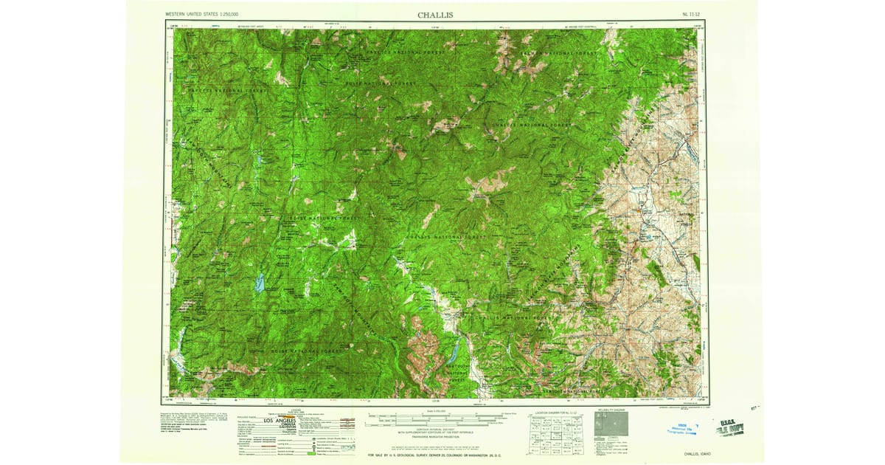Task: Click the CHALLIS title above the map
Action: tap(435, 14)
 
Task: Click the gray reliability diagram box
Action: tap(611, 425)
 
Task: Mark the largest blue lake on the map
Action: tap(259, 283)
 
